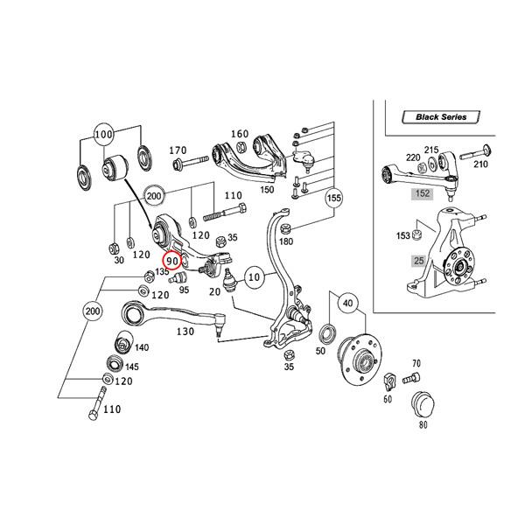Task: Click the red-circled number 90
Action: [171, 260]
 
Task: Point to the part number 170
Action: [178, 150]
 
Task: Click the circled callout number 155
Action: [333, 198]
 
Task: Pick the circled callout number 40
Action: [347, 304]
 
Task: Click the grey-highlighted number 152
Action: [423, 193]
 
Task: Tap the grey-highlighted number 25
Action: [419, 261]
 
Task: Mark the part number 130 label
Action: [185, 332]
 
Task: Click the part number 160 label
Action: [239, 134]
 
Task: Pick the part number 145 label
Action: [131, 367]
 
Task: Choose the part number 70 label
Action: [416, 363]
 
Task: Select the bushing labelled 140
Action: [123, 341]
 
